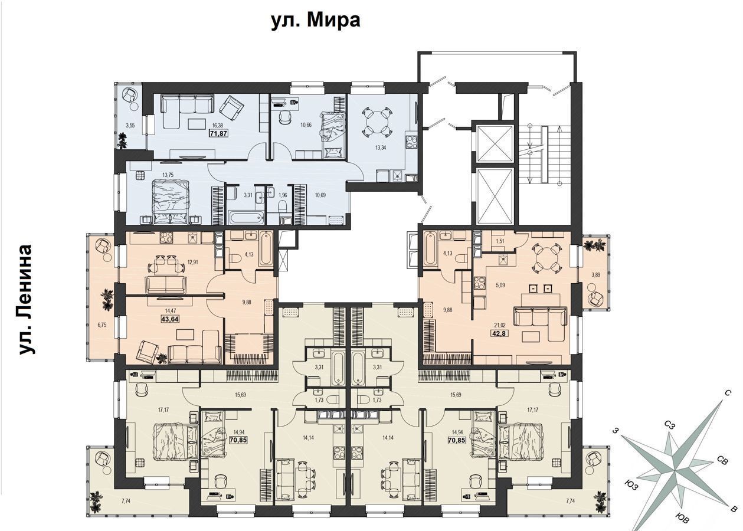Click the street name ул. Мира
coord(316,21)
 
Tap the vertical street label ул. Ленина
coord(26,300)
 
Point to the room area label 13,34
coord(381,148)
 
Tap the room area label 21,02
coord(496,326)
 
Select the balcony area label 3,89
coord(596,274)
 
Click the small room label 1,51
coord(500,241)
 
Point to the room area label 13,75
coord(168,175)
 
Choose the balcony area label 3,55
coord(130,125)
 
